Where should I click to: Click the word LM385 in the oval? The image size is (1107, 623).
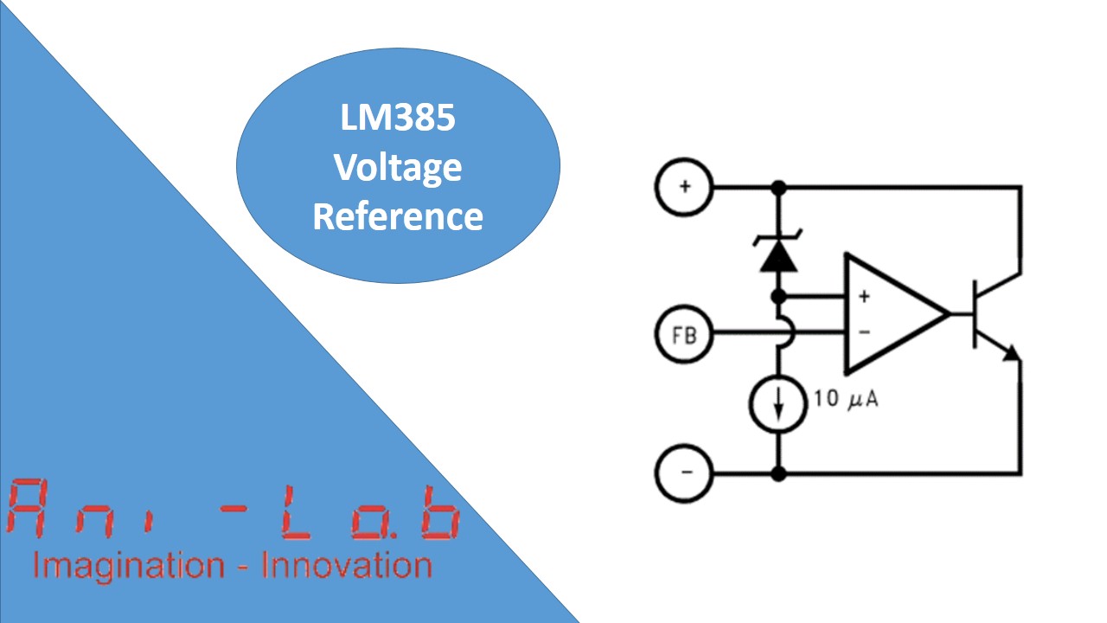coord(398,119)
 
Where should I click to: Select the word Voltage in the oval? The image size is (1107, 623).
coord(398,167)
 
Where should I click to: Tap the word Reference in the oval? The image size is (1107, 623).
coord(398,215)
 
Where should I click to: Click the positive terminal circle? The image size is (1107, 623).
coord(684,186)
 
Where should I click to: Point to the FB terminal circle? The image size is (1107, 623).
coord(684,333)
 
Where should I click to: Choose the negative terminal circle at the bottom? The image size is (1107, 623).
coord(684,472)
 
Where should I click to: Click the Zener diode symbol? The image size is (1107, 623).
coord(778,253)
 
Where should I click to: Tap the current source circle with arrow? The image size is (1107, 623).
coord(778,403)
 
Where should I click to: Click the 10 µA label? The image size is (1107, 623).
coord(846,401)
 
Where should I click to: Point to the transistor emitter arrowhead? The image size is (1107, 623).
coord(1010,351)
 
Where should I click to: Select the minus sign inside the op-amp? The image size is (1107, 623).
coord(863,332)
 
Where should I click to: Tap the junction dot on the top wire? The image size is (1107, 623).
coord(778,186)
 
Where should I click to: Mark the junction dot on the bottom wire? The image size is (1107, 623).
coord(778,473)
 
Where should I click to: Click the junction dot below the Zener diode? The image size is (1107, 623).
coord(778,297)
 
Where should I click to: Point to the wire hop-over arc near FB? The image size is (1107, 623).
coord(784,333)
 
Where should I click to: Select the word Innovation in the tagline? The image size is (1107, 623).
coord(346,566)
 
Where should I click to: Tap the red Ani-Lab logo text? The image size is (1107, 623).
coord(234,508)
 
